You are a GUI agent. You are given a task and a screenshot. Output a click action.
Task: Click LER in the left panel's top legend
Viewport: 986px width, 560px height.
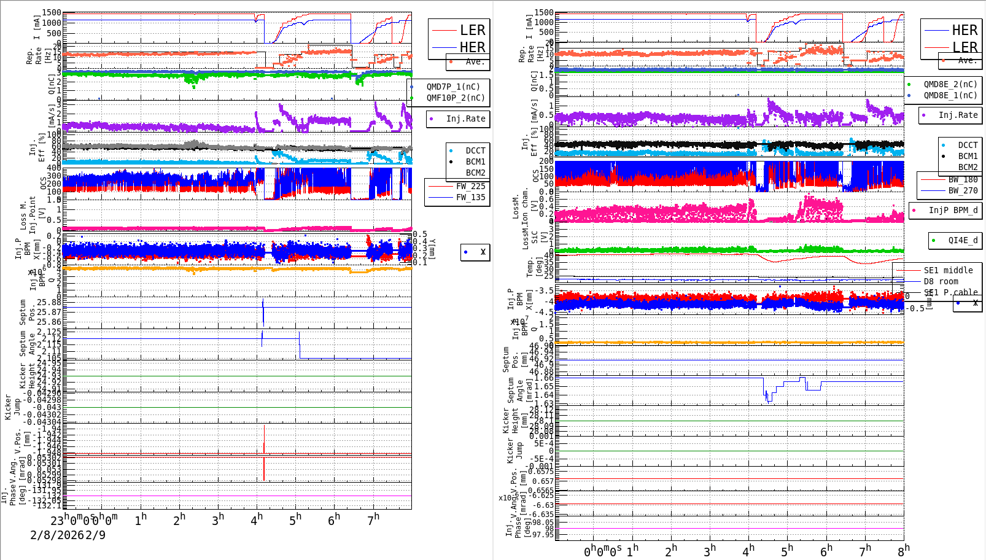click(x=472, y=30)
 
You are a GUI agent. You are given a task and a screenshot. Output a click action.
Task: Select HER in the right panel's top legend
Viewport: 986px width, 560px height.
click(x=964, y=30)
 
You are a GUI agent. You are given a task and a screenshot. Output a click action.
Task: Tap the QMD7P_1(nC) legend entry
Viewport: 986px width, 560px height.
click(x=453, y=87)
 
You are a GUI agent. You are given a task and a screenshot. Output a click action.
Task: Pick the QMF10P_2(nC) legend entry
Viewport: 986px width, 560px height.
click(x=455, y=98)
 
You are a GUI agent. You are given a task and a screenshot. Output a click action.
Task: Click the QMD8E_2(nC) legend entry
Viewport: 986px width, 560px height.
click(x=950, y=84)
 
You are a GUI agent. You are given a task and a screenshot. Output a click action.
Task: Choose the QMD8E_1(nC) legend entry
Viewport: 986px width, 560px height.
click(x=950, y=95)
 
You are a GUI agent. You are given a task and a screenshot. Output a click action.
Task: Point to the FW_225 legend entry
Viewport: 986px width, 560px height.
click(x=470, y=186)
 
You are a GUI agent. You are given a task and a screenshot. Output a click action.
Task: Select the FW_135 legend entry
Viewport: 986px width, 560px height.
click(x=470, y=197)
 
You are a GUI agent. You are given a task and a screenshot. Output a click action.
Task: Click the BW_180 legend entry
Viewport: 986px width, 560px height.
click(x=963, y=179)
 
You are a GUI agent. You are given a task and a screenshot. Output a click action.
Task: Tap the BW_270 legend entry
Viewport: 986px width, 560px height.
click(x=963, y=190)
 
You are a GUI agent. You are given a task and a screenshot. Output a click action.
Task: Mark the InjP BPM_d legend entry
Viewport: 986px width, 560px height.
click(x=953, y=210)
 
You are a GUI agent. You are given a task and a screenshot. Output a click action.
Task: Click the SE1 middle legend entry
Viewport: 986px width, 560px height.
click(x=948, y=270)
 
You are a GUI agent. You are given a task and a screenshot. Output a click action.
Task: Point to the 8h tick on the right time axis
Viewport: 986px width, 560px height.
click(x=904, y=550)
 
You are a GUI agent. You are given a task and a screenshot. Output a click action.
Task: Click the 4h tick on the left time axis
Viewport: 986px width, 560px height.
click(x=256, y=519)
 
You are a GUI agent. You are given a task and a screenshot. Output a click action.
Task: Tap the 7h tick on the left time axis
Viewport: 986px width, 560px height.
click(x=373, y=519)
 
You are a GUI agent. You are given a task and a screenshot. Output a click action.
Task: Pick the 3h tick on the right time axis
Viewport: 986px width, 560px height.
click(x=710, y=550)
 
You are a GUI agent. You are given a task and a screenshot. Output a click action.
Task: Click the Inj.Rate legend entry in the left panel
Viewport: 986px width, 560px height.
click(x=465, y=119)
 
